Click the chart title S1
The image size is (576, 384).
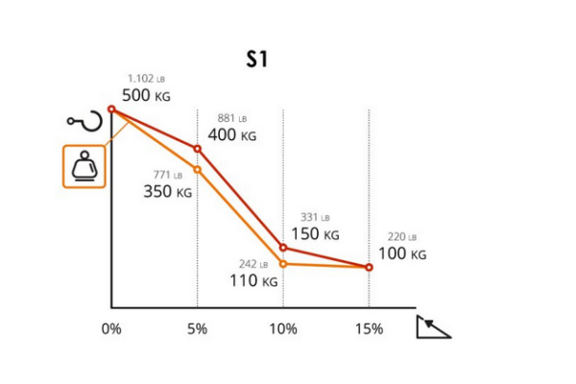tap(256, 60)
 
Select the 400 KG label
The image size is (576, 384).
tap(232, 135)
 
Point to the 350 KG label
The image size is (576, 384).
tap(168, 191)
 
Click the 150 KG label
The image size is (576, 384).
tap(315, 233)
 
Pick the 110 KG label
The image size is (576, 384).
tap(253, 281)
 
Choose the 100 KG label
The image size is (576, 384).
tap(401, 253)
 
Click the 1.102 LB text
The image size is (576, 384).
tap(147, 79)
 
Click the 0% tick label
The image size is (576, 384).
tap(111, 328)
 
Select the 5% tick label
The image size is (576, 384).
tap(197, 328)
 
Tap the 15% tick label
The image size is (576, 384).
tap(369, 328)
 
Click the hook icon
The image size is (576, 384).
tap(84, 120)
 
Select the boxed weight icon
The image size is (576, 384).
tap(84, 167)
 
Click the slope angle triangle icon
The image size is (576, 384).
tap(432, 327)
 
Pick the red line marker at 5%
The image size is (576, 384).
tap(197, 149)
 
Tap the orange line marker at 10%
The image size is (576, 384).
tap(282, 263)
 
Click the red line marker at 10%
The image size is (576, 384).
tap(282, 248)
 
